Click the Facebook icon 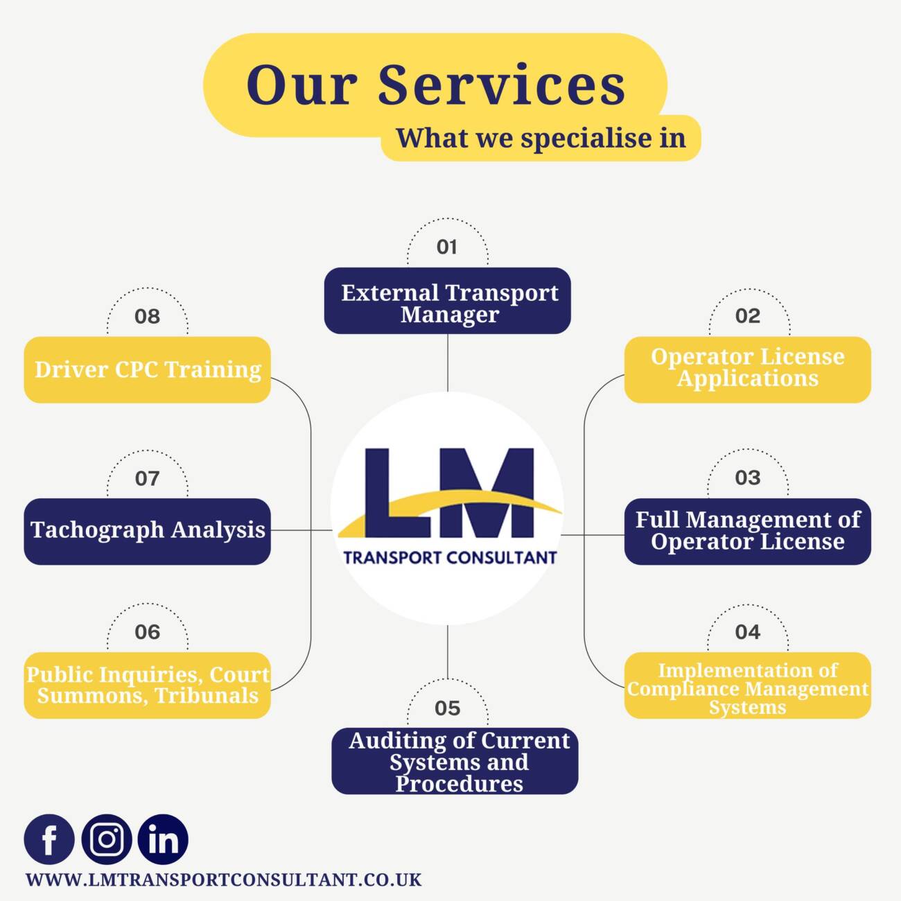click(x=49, y=839)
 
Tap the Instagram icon click(x=107, y=839)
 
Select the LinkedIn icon click(x=163, y=839)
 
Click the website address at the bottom click(x=223, y=880)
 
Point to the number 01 click(x=447, y=247)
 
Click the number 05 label click(x=448, y=708)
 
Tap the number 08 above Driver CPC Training click(x=148, y=317)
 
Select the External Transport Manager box click(x=448, y=301)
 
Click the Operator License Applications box click(x=748, y=369)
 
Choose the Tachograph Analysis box click(x=148, y=532)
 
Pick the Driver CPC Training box click(x=148, y=369)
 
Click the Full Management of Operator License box click(x=748, y=532)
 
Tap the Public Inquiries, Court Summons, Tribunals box click(x=148, y=685)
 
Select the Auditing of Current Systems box click(x=455, y=761)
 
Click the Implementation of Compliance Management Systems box click(x=748, y=685)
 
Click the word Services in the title click(x=501, y=85)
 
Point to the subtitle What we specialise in click(x=541, y=139)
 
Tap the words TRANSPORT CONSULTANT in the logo click(x=450, y=558)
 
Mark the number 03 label click(x=748, y=478)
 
